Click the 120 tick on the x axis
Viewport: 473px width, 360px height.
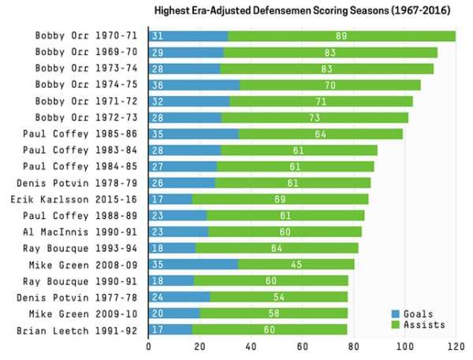(456, 345)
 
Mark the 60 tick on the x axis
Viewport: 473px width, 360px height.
(302, 345)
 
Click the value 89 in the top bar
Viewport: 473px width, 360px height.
(341, 36)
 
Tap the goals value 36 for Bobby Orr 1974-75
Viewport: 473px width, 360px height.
(158, 85)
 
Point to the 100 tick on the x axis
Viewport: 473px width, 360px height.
(404, 345)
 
